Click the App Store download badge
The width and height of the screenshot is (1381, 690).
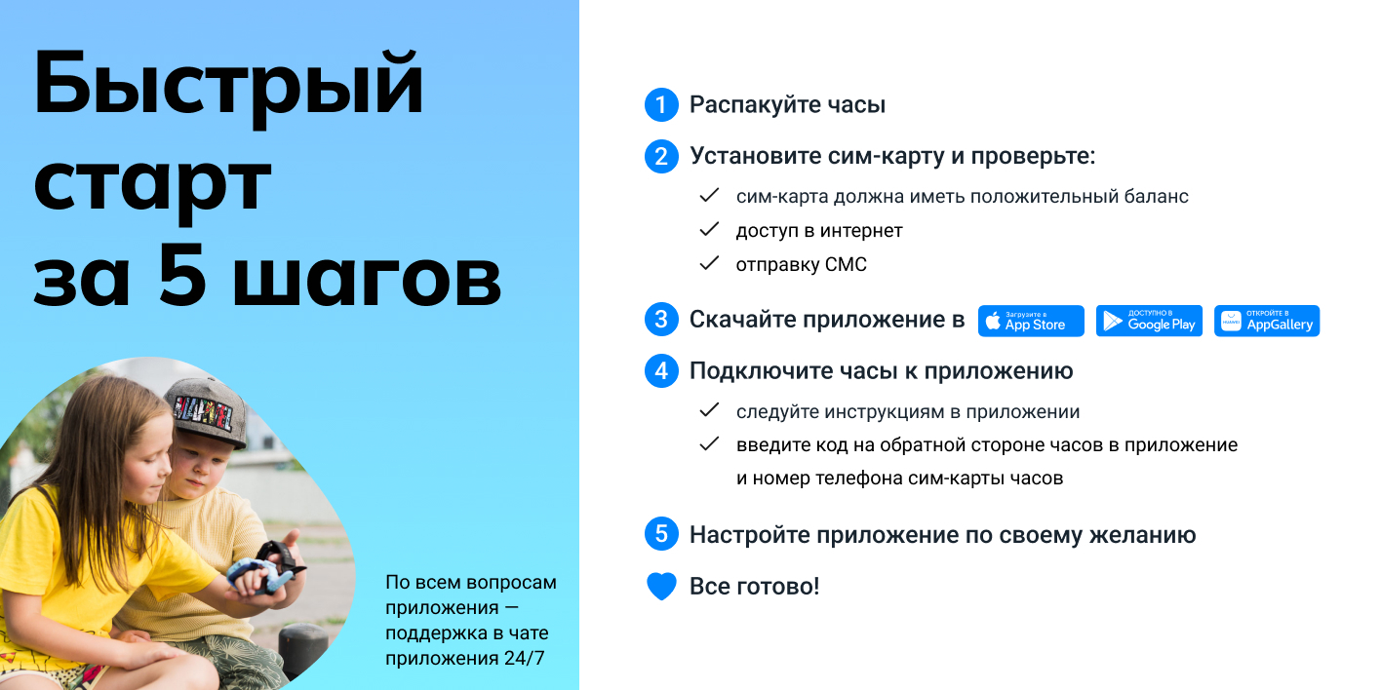tap(1031, 321)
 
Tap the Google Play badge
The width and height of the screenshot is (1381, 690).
tap(1149, 321)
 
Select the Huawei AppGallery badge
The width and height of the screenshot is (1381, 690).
tap(1267, 321)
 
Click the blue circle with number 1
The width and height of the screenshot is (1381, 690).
tap(661, 105)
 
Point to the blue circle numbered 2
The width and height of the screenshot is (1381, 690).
tap(661, 157)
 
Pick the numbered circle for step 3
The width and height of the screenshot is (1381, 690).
tap(661, 320)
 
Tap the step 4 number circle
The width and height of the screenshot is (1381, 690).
tap(661, 371)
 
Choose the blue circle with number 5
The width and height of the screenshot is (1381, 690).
tap(661, 535)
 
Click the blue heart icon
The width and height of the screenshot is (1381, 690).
tap(661, 587)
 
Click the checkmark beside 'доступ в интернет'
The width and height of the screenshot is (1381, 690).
tap(709, 231)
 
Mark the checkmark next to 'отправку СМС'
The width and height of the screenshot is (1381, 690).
tap(709, 264)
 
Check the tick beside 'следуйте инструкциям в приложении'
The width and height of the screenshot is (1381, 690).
tap(709, 411)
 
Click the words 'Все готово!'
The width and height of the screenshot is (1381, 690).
tap(754, 587)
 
